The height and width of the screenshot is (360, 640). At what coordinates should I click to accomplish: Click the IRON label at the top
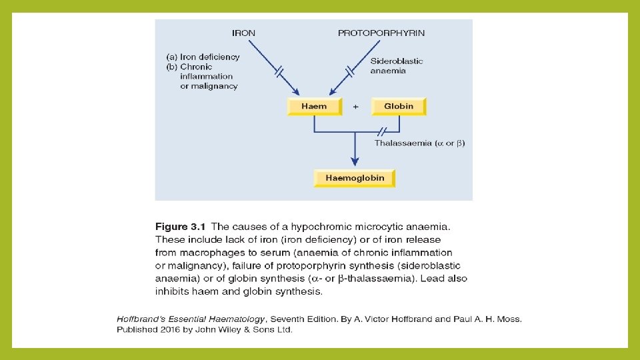243,33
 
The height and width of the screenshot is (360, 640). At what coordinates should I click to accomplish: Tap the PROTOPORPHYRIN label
381,33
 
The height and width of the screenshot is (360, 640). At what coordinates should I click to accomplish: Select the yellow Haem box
314,106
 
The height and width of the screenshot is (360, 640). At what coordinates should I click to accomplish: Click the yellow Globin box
399,106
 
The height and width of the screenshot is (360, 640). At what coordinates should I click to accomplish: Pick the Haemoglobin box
355,178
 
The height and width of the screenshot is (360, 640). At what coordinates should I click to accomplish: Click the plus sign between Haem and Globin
355,106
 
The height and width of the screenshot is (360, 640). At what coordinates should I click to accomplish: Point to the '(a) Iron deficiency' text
203,57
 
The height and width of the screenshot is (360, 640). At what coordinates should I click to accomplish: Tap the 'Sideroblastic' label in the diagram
397,61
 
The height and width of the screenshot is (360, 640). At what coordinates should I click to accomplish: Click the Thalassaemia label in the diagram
403,143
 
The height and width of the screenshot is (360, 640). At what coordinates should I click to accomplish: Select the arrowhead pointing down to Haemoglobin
355,161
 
